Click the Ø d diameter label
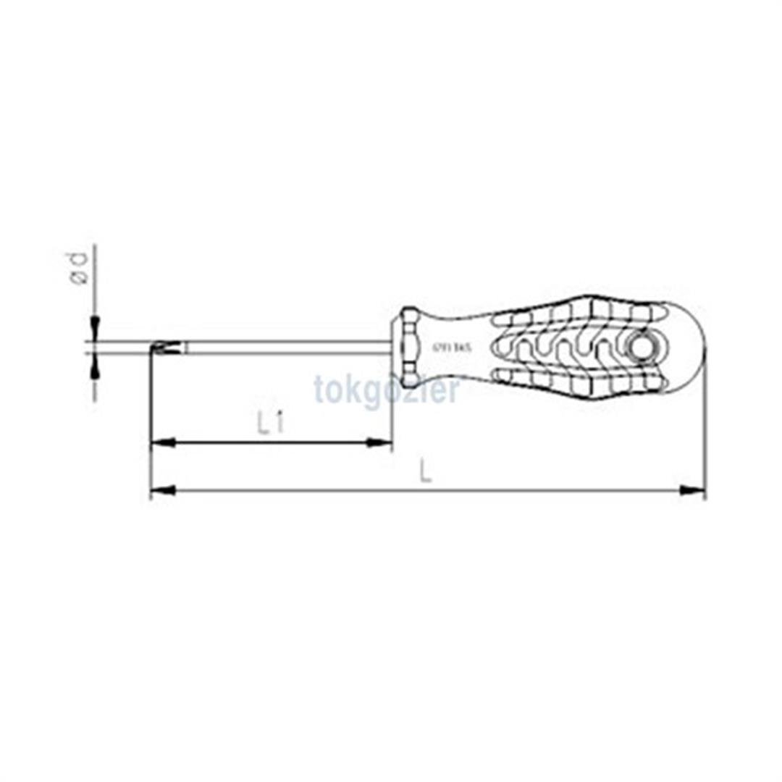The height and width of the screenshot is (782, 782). tap(79, 269)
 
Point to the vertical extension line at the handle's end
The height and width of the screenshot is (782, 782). tap(705, 434)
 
